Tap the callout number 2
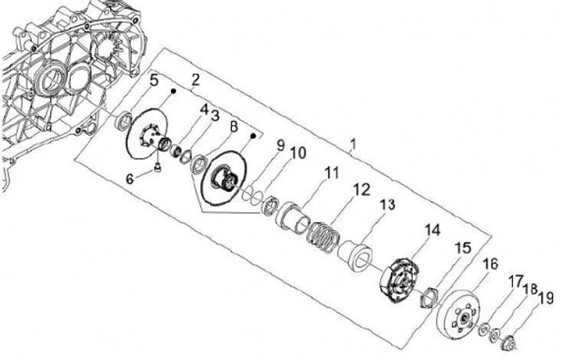tap(194, 80)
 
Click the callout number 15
tap(462, 248)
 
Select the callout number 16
tap(490, 264)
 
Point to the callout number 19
tap(546, 297)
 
